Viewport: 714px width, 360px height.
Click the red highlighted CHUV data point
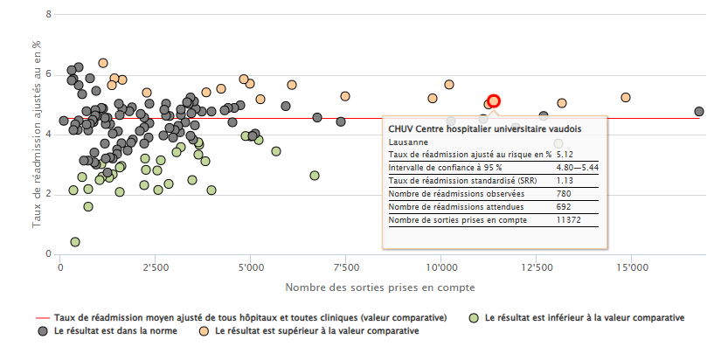pos(494,101)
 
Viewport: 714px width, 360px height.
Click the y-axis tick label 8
pos(48,15)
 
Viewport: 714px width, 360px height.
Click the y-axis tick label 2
pos(48,194)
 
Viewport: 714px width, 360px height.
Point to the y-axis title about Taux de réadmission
pos(37,133)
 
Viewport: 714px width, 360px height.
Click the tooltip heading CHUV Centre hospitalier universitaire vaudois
pos(484,128)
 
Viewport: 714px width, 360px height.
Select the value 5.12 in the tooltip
pos(566,154)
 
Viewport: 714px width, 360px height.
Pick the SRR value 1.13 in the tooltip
pos(566,180)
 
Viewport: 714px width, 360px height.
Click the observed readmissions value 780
pos(565,193)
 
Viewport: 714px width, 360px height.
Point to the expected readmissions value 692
pos(565,207)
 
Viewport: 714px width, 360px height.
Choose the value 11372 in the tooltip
pos(569,220)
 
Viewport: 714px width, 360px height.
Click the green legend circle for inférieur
pos(475,317)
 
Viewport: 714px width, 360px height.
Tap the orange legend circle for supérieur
pos(204,331)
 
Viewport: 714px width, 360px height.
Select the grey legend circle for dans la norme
pos(42,331)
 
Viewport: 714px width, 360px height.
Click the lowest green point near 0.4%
pos(75,242)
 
